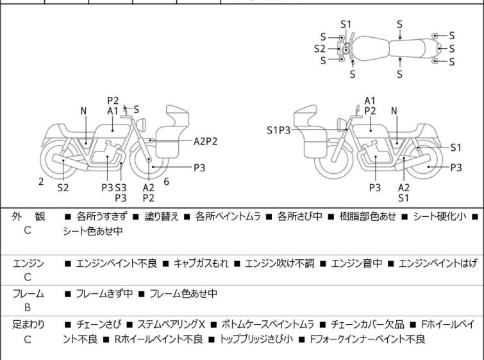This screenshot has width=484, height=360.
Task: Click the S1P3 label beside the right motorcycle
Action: (279, 130)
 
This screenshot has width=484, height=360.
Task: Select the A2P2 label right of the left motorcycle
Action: (205, 141)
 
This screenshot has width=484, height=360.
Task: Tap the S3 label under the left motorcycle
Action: (121, 187)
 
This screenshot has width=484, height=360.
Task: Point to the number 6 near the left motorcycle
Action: (167, 182)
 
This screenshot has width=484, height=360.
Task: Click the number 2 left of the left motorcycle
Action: (41, 182)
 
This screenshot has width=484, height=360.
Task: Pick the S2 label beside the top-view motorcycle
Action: (319, 48)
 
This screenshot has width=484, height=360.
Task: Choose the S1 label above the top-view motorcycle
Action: (346, 24)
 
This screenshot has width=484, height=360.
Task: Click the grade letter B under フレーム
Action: (28, 307)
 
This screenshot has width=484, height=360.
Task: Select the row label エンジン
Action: (28, 263)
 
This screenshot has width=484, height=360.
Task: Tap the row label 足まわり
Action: (28, 325)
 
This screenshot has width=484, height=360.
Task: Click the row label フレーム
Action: (28, 294)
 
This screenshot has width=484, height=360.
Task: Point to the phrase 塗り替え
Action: (158, 217)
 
